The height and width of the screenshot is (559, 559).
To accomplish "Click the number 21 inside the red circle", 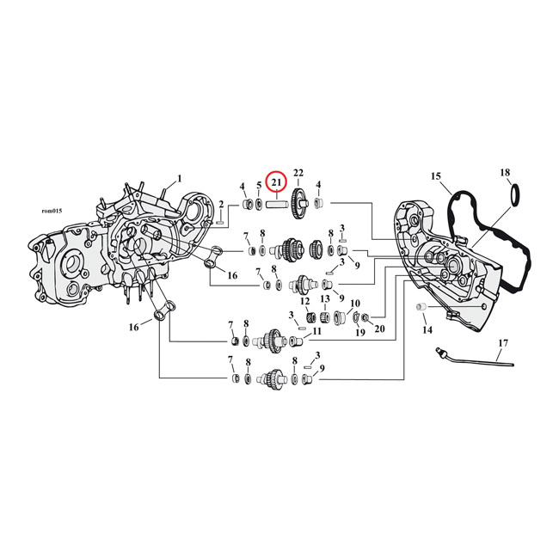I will click(x=276, y=182).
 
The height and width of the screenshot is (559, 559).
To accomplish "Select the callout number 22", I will click(x=298, y=173).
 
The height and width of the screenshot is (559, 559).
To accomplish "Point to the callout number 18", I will click(x=505, y=174).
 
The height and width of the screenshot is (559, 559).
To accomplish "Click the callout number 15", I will click(x=436, y=177).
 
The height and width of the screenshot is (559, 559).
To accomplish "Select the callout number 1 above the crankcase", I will click(x=179, y=179).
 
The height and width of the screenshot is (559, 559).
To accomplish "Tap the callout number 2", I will click(x=221, y=204).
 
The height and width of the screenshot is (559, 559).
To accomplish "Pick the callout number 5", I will click(x=258, y=185).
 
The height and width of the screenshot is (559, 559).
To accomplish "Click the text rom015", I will click(x=52, y=211).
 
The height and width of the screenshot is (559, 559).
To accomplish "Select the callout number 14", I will click(x=427, y=329).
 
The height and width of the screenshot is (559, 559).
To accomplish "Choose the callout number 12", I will click(x=304, y=301).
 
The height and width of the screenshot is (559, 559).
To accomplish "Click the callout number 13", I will click(x=325, y=299).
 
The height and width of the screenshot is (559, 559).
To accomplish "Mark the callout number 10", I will click(x=354, y=304).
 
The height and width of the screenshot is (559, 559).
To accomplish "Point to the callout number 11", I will click(x=317, y=331).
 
